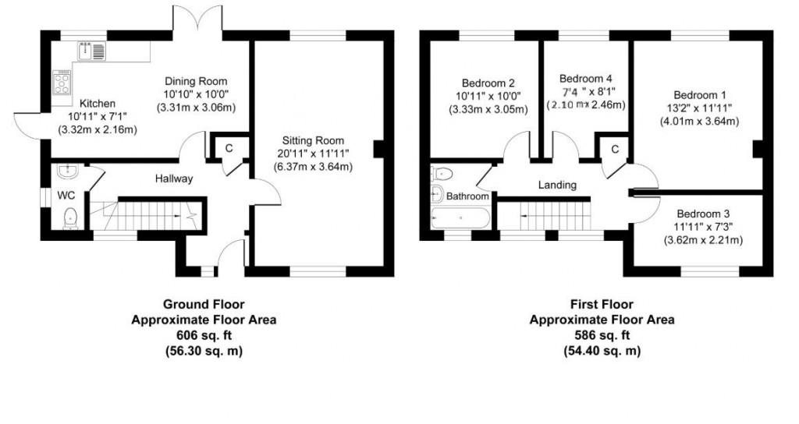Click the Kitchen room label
tap(93, 104)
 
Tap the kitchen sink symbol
tap(92, 52)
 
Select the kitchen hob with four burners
tap(61, 83)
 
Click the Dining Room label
tap(195, 81)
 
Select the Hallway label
tap(172, 178)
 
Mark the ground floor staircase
tap(148, 212)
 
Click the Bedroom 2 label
tap(488, 83)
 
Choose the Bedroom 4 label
tap(586, 79)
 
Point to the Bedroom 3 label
tap(702, 214)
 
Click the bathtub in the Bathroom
tap(460, 218)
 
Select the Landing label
tap(557, 185)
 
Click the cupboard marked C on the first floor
tap(615, 149)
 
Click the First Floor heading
tap(602, 305)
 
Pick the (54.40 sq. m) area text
tap(602, 351)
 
